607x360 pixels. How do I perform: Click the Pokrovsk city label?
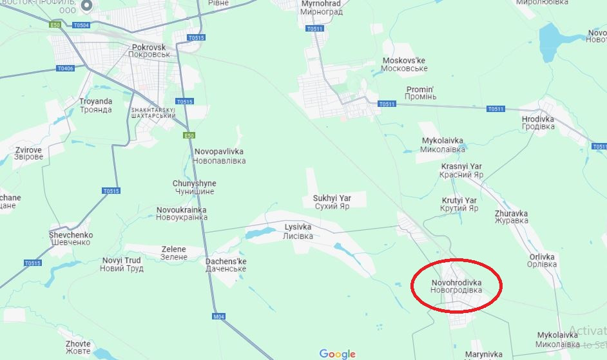tap(149, 51)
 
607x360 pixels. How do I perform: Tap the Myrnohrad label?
tap(322, 8)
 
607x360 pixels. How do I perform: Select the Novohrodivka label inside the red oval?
tap(456, 287)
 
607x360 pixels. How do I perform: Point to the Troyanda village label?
tap(95, 106)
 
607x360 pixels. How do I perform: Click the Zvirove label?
tap(29, 153)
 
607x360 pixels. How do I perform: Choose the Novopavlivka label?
tap(220, 156)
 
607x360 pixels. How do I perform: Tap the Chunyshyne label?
tap(195, 187)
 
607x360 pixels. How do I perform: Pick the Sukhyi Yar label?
tap(331, 202)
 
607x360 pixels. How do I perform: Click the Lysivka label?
tap(298, 232)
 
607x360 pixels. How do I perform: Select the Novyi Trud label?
tap(122, 264)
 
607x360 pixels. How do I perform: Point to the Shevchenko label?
tap(71, 238)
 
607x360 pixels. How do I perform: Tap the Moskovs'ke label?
tap(404, 64)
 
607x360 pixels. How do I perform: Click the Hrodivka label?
tap(538, 122)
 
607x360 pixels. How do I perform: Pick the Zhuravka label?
tap(511, 217)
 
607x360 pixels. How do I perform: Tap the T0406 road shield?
tap(65, 68)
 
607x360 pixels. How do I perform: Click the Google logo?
tap(338, 354)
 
